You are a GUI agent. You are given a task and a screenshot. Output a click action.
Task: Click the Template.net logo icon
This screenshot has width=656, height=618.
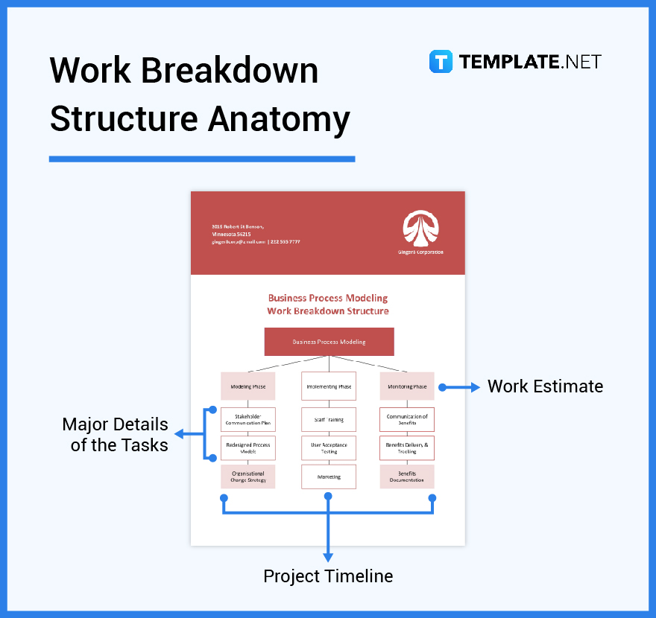(x=441, y=61)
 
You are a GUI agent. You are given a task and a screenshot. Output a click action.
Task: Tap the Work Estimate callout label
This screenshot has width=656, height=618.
(x=545, y=386)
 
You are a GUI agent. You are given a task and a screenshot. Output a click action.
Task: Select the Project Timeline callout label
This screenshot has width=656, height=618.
(x=328, y=576)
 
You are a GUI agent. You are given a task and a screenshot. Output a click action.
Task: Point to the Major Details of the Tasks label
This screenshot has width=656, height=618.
(x=115, y=435)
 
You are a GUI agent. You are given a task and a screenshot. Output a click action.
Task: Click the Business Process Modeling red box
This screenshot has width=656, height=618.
(x=329, y=342)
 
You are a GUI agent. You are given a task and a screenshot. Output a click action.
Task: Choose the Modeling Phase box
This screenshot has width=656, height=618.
(x=248, y=386)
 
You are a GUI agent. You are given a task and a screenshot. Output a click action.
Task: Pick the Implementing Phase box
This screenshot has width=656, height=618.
(x=329, y=386)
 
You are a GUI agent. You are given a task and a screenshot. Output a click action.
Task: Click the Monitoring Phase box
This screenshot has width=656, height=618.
(x=407, y=386)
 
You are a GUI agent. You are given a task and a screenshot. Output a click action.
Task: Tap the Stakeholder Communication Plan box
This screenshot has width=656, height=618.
(x=248, y=419)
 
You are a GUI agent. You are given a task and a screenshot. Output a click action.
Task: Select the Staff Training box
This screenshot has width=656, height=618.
(x=329, y=419)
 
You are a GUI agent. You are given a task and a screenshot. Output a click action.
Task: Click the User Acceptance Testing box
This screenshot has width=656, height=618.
(x=329, y=448)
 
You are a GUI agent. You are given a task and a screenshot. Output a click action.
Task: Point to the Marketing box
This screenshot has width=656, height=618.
(x=329, y=477)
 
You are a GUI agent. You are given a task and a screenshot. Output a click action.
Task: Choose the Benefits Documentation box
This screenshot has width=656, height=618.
(x=407, y=477)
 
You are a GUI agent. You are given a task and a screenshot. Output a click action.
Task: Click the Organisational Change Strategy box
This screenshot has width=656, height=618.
(x=248, y=477)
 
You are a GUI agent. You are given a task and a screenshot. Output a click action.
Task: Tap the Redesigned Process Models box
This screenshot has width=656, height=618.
(x=248, y=448)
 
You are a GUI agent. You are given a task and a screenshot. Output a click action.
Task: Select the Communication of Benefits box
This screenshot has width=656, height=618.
(x=407, y=419)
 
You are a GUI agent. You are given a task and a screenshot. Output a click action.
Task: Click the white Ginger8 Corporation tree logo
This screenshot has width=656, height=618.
(x=420, y=227)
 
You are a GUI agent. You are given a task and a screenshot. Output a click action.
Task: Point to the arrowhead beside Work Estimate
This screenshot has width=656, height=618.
(x=476, y=387)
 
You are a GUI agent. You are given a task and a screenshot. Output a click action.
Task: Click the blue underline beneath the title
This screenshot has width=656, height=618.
(x=202, y=159)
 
